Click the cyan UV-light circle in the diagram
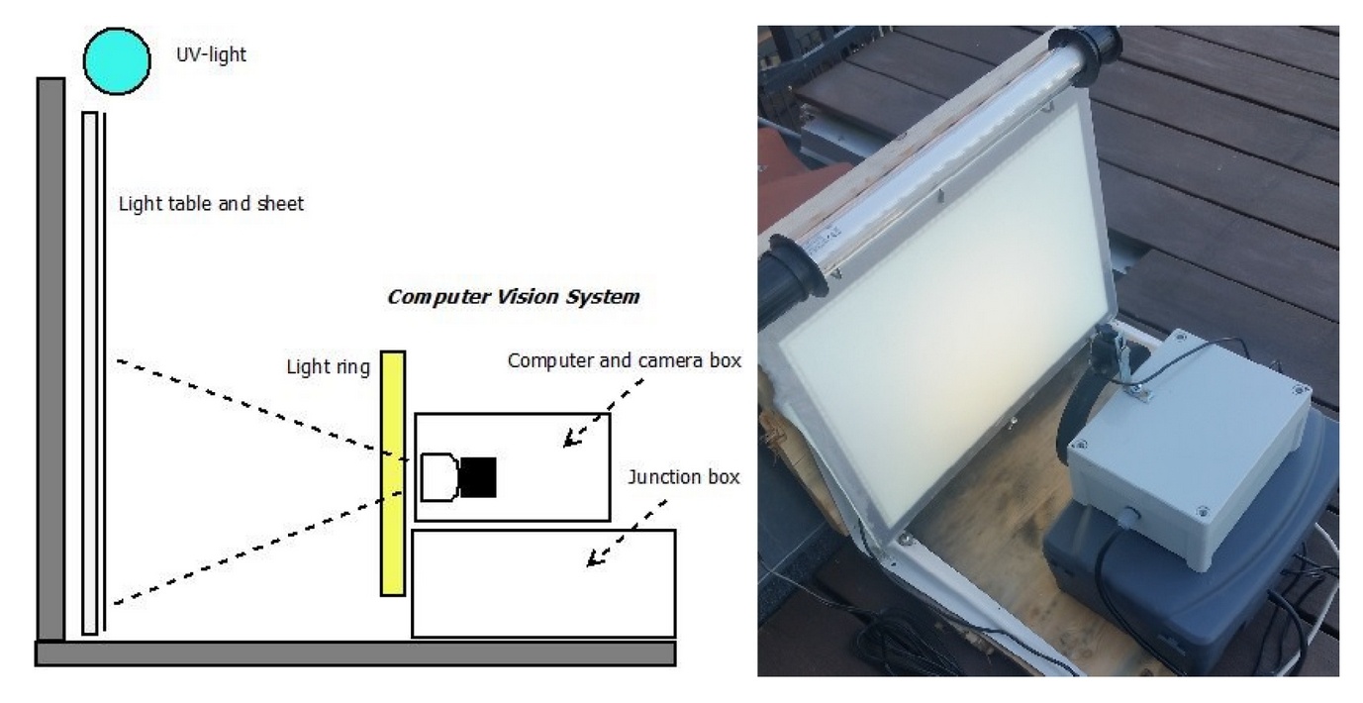point(117,60)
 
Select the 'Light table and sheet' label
point(211,204)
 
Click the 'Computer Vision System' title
point(513,296)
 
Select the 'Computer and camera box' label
point(624,360)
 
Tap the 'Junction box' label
point(684,477)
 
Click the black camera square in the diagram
point(477,477)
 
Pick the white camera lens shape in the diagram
point(438,477)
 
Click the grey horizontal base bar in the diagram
point(354,653)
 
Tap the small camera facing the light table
point(1105,351)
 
